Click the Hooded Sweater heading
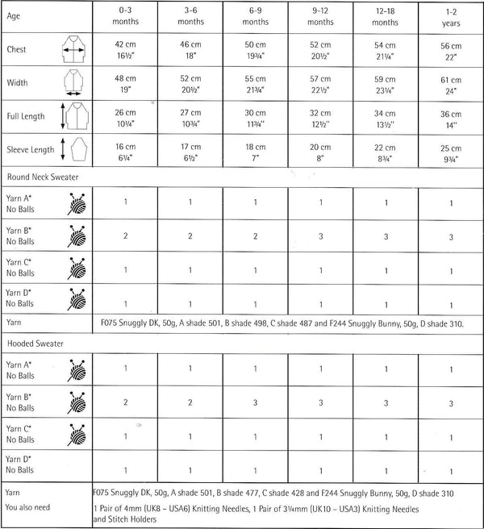tap(36, 343)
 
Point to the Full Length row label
tap(27, 118)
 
